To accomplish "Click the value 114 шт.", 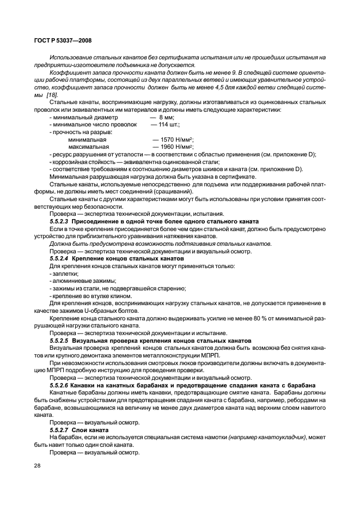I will point(169,125).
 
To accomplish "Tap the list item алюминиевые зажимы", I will point(80,281).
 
